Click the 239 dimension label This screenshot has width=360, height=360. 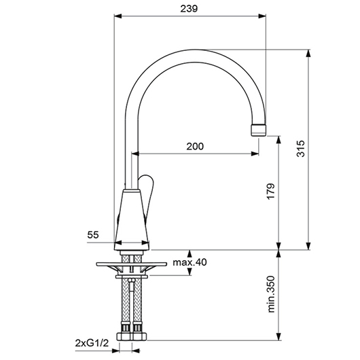click(189, 9)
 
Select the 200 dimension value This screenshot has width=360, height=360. click(195, 146)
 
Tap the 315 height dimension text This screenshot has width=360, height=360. click(300, 149)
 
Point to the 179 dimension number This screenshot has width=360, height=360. click(271, 192)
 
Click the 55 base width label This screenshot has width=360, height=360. click(93, 235)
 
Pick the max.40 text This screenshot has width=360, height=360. click(190, 262)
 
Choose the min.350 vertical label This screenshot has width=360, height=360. click(271, 294)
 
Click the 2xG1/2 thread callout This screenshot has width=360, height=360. click(92, 343)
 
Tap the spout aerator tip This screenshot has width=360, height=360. click(259, 130)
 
